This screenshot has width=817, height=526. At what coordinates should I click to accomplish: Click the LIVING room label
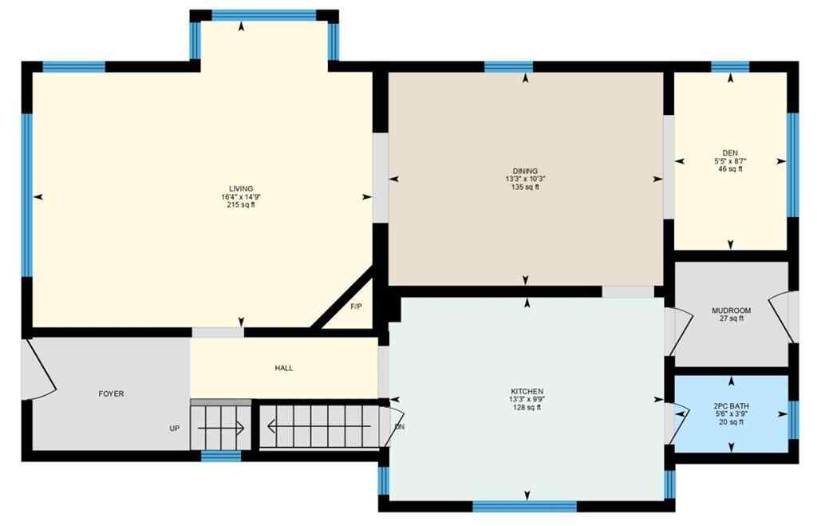point(241,188)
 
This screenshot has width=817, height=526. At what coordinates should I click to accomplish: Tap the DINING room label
point(525,171)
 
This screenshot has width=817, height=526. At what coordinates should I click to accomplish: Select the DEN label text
point(730,152)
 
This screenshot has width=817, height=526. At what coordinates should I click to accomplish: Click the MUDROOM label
point(731,310)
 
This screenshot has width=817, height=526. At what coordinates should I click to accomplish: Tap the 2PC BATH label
point(730,406)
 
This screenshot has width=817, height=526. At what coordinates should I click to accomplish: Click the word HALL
point(283,368)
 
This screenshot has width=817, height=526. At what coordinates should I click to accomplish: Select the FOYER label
point(111,394)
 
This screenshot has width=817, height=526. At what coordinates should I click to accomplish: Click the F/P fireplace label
point(356,307)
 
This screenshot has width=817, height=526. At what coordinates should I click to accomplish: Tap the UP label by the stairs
point(174,428)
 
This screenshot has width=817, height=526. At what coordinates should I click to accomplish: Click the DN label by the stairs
point(400,427)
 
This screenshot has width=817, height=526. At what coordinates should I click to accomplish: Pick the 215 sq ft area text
point(241,205)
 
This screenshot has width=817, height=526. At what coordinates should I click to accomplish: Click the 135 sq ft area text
point(525,188)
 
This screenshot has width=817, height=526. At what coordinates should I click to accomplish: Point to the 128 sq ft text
point(527,408)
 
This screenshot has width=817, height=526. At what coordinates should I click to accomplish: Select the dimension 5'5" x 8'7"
point(730,160)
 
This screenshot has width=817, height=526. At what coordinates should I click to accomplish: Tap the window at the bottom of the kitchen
point(524,505)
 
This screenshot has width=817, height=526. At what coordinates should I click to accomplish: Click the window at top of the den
point(730,67)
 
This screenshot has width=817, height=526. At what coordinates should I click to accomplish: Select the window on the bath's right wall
point(792,420)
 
